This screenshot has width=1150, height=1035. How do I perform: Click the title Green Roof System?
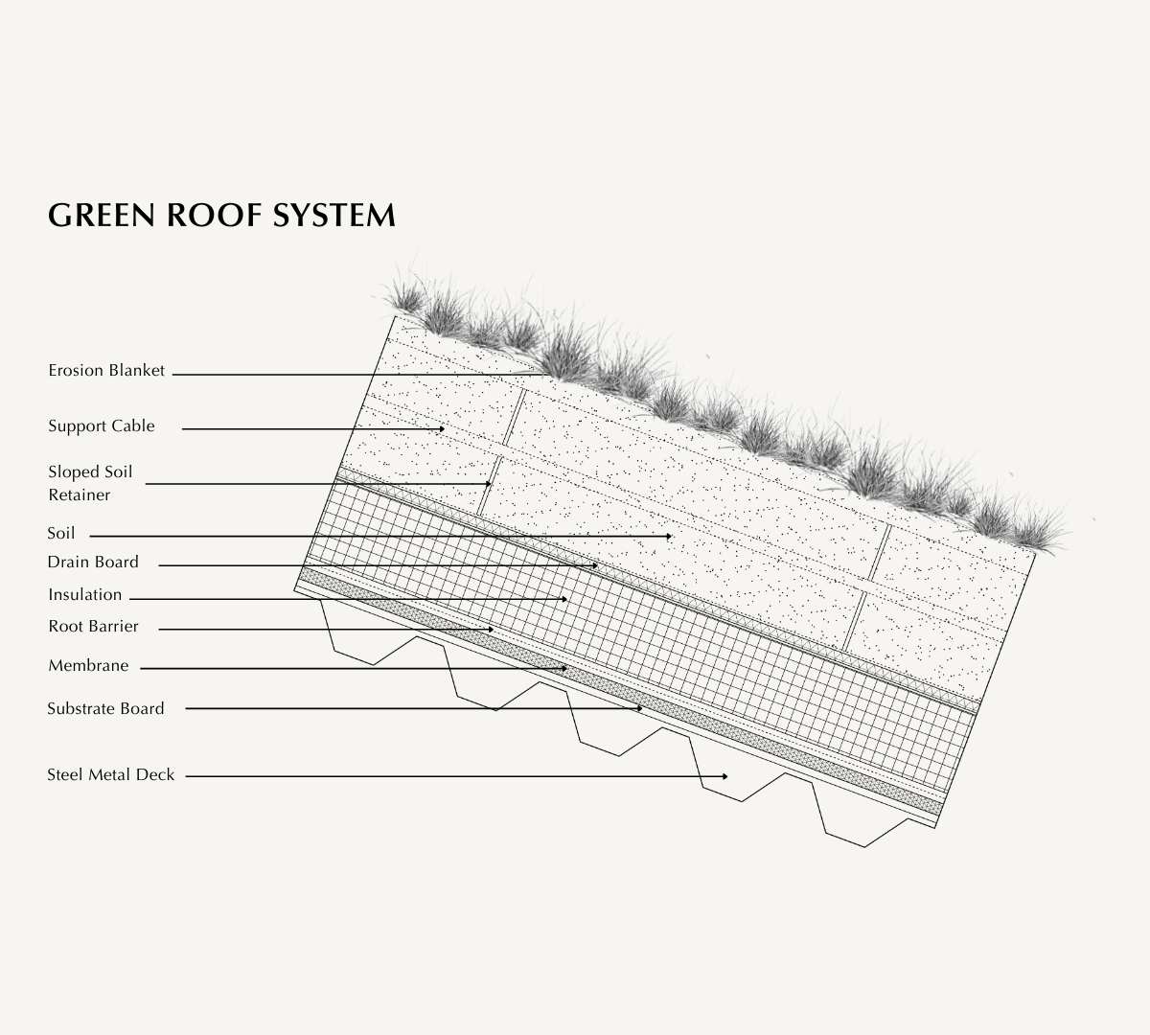221,215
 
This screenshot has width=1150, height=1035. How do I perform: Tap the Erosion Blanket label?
106,371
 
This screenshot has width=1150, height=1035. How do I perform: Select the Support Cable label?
102,426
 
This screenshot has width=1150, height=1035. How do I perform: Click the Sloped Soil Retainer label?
90,483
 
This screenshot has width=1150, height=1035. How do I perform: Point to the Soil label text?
61,534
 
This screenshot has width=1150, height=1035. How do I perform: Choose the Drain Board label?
93,563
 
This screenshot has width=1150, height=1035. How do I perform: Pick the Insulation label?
85,595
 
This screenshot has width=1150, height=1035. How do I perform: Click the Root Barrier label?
93,627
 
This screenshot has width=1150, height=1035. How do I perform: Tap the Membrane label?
88,666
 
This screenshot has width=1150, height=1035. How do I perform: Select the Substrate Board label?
105,709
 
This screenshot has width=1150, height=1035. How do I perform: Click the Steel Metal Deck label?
111,775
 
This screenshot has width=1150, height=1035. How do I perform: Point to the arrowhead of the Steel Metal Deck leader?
725,776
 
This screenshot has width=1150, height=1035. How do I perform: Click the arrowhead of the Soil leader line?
669,537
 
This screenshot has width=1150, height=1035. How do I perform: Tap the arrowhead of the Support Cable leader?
442,429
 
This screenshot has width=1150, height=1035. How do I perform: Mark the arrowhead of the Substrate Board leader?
639,709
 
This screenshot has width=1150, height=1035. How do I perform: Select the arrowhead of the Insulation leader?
565,600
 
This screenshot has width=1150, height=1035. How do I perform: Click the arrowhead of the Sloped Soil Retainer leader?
489,485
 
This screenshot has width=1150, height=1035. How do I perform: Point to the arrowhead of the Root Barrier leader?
492,630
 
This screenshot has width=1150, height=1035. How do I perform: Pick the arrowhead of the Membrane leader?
565,668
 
